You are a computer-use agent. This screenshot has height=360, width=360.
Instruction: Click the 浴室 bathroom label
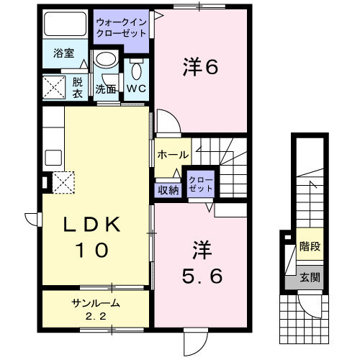(x=58, y=52)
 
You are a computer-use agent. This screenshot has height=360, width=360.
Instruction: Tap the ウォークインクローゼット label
(x=121, y=28)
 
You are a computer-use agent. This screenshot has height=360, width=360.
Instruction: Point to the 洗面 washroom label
(x=107, y=89)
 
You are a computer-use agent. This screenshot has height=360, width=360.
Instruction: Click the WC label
(x=137, y=89)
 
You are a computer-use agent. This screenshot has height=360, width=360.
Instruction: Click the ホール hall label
(x=172, y=154)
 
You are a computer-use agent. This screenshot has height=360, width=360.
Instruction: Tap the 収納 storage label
(x=168, y=190)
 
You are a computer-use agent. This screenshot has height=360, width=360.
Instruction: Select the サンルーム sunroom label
(x=96, y=302)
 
